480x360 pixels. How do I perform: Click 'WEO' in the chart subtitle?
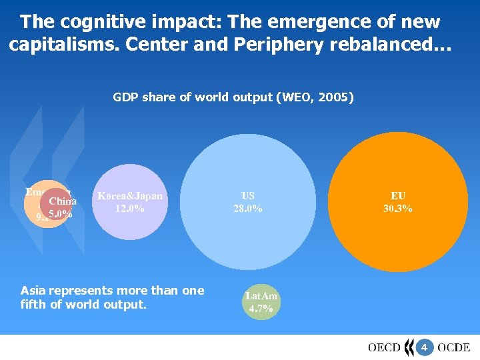(x=295, y=97)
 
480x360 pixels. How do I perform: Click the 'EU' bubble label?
(x=397, y=196)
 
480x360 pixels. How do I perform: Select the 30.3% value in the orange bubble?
(x=397, y=208)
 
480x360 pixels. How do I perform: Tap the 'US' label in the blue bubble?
(x=247, y=196)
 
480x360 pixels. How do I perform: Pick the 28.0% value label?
(x=247, y=208)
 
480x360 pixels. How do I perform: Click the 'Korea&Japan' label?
(x=129, y=196)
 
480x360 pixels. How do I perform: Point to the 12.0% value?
(x=129, y=208)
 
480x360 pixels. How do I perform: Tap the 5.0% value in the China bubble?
(x=61, y=214)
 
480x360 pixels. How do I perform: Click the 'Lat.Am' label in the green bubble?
(x=261, y=296)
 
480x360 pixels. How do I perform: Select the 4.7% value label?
(x=261, y=309)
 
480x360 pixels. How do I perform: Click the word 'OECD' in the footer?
(x=384, y=347)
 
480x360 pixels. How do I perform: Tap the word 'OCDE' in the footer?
(x=454, y=347)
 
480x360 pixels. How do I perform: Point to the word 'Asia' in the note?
(x=33, y=291)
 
